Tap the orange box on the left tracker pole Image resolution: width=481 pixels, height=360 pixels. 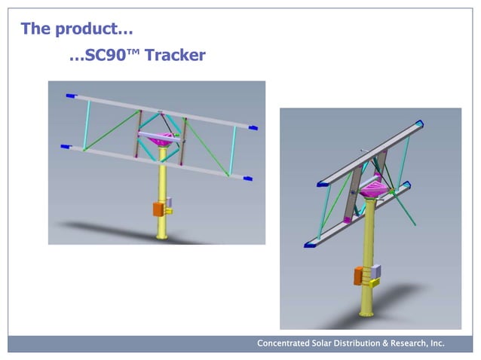(x=158, y=209)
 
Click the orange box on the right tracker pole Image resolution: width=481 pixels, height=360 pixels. (x=359, y=276)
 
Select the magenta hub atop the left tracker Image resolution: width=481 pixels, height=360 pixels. (x=161, y=140)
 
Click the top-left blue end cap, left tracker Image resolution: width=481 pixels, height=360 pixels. (x=71, y=96)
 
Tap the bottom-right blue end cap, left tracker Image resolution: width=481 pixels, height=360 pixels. (x=247, y=178)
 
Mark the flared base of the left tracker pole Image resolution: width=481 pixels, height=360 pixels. (x=161, y=236)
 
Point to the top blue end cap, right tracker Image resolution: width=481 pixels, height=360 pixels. (x=418, y=124)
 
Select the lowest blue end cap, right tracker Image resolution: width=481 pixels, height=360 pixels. (x=308, y=244)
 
